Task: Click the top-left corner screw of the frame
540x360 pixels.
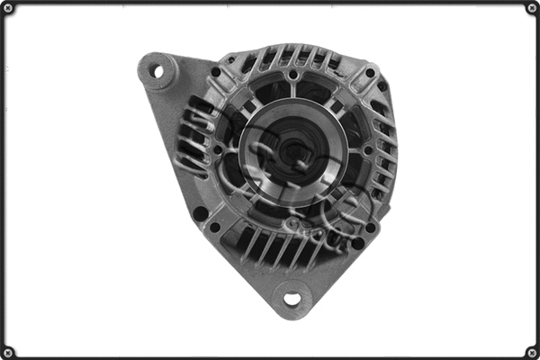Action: (x=8, y=8)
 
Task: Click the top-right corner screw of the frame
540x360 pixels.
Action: (x=531, y=8)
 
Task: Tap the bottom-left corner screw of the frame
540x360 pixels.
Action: (x=8, y=351)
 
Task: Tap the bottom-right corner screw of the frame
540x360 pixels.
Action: (x=531, y=351)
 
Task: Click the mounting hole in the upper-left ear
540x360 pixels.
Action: (x=157, y=70)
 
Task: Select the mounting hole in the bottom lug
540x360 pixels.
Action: (x=291, y=297)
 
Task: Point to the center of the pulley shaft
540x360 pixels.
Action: (x=290, y=153)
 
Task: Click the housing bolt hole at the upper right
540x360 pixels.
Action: (x=370, y=73)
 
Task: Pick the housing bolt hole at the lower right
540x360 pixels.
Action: (x=370, y=229)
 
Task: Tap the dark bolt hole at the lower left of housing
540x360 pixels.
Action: (x=200, y=213)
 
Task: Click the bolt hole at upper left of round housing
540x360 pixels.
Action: (x=216, y=72)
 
